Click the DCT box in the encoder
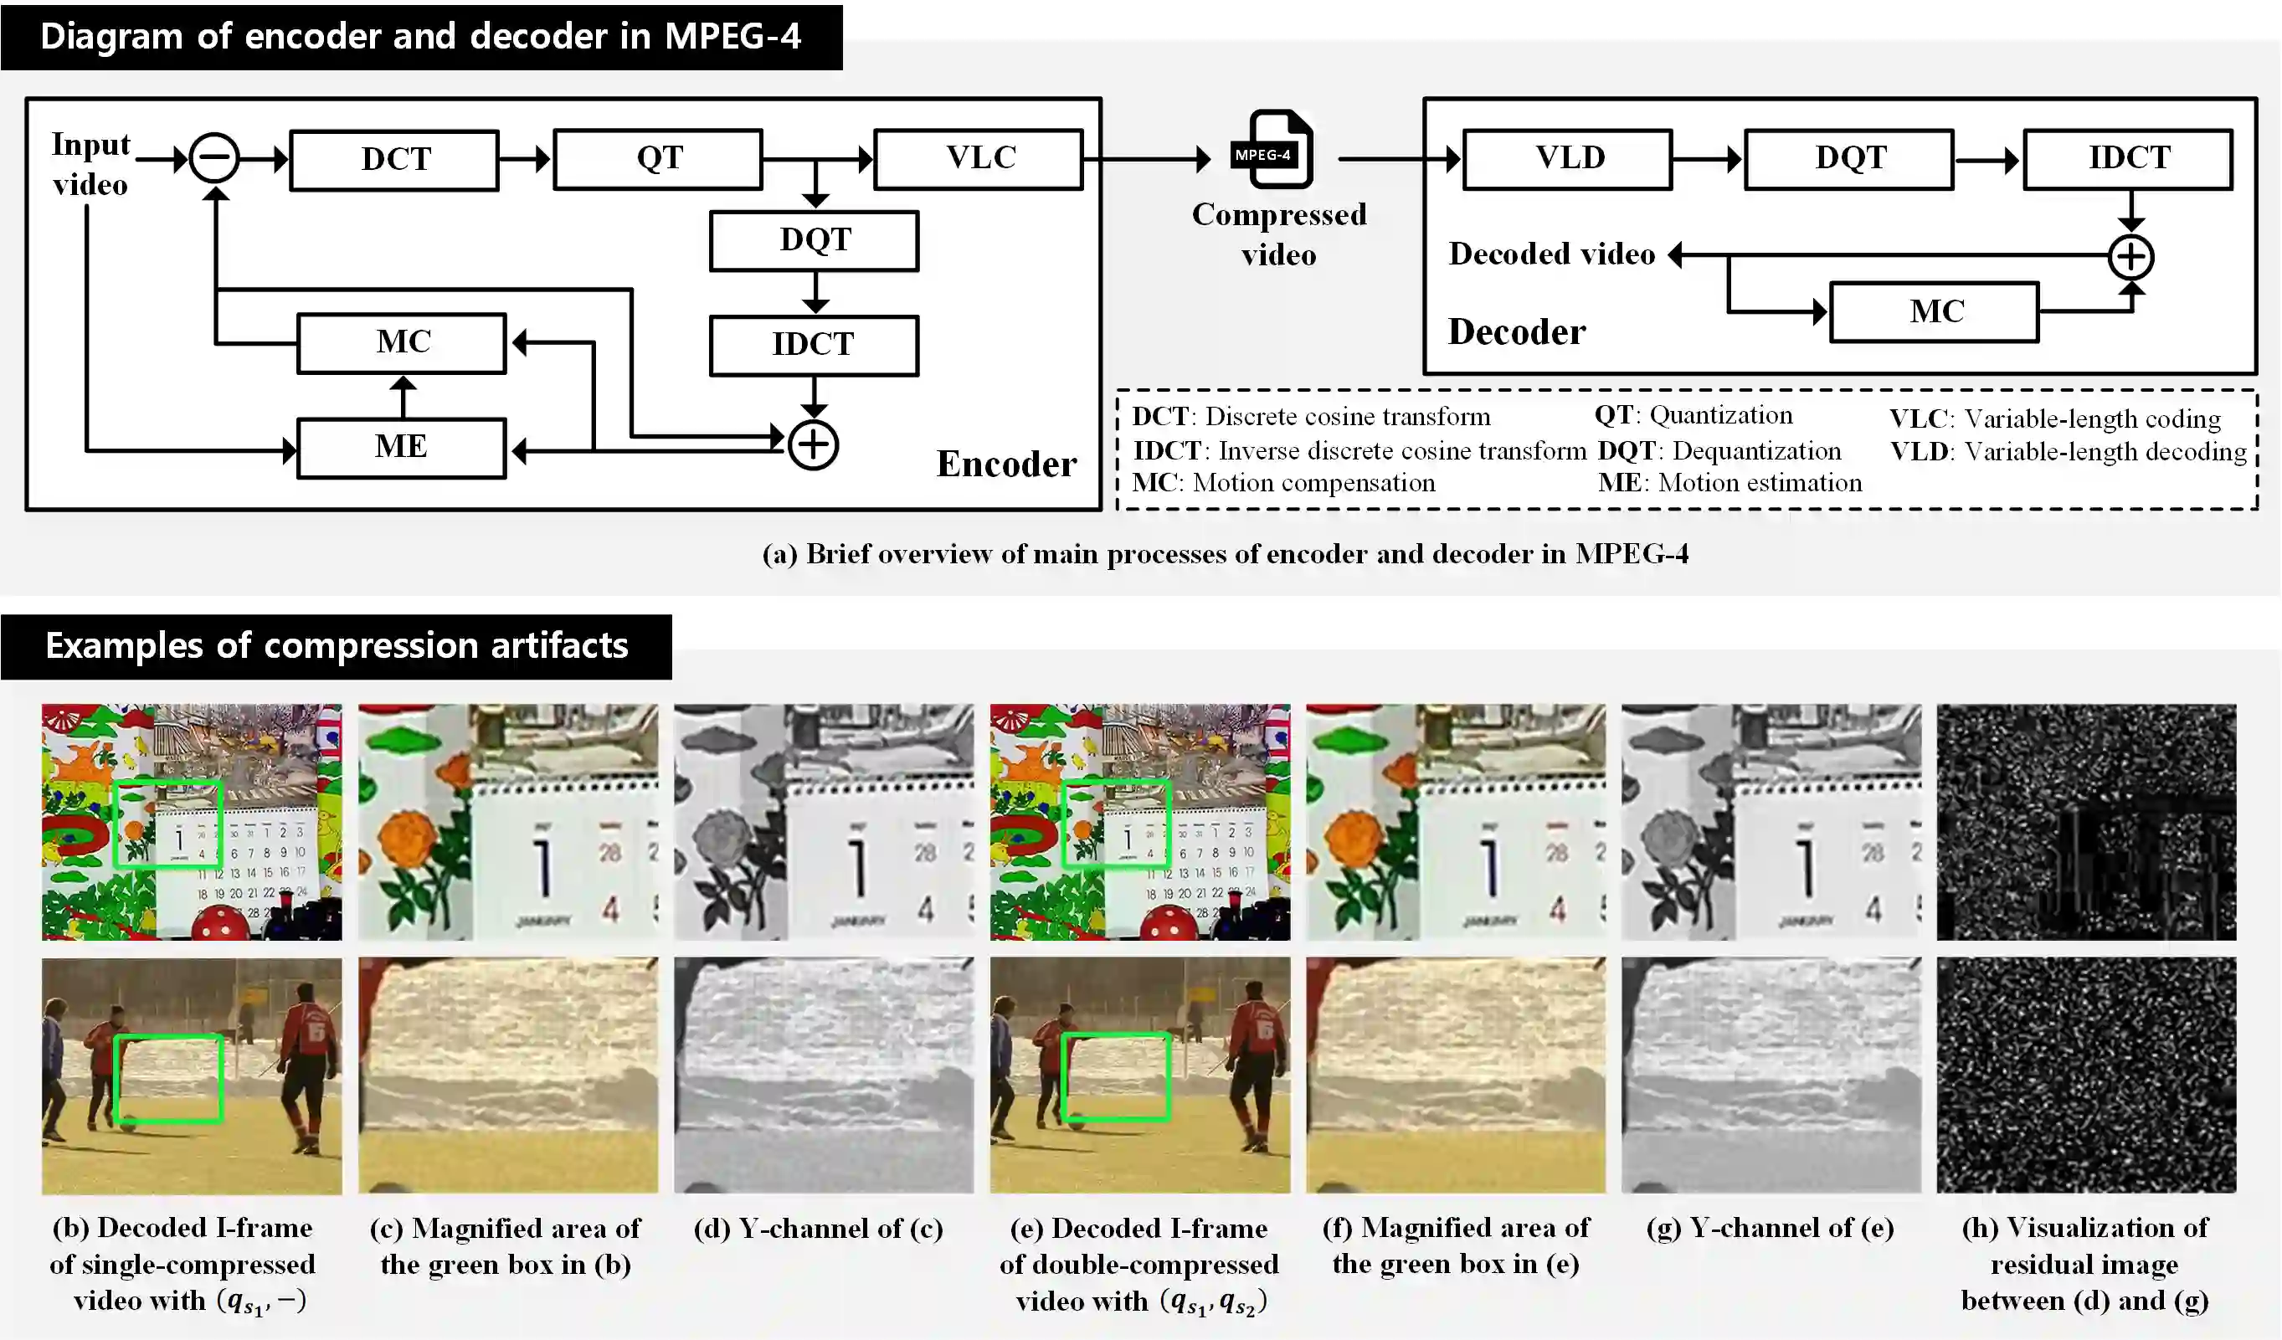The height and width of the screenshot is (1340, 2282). point(395,160)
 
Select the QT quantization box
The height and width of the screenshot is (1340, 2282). point(658,159)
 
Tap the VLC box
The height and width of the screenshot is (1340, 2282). point(979,159)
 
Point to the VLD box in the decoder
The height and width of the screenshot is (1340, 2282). point(1568,159)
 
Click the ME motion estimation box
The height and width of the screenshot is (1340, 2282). point(401,447)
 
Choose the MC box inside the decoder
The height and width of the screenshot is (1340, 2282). point(1935,312)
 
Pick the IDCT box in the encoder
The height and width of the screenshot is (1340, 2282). point(814,345)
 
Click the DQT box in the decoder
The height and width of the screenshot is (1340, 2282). point(1849,159)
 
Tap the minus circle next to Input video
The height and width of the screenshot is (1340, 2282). point(214,158)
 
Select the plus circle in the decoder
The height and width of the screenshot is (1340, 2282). point(2130,256)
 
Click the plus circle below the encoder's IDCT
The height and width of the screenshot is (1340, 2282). point(812,444)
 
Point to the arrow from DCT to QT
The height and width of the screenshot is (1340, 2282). point(525,159)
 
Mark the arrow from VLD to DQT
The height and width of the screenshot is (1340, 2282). point(1707,159)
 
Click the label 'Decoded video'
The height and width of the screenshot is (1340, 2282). point(1551,254)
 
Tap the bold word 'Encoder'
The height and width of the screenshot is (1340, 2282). point(1006,465)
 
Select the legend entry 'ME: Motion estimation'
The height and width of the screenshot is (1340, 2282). point(1729,483)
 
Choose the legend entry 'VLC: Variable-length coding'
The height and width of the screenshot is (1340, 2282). point(2054,418)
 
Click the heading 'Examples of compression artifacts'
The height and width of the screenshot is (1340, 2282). point(336,646)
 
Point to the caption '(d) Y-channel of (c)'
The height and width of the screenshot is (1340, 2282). point(819,1229)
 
